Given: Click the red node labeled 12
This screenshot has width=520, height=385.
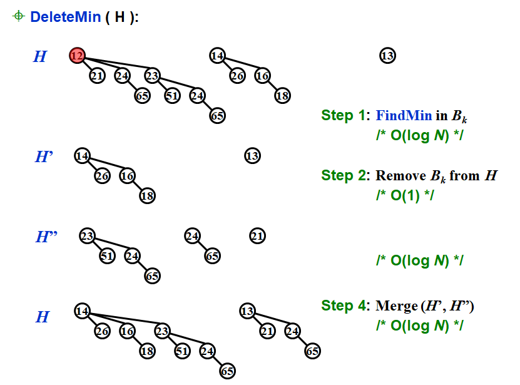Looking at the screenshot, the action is [x=77, y=56].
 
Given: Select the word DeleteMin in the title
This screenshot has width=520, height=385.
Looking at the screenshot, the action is [x=65, y=17].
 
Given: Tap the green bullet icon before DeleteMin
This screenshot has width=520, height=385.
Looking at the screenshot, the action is [x=18, y=16].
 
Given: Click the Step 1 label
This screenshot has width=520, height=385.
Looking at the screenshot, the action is [x=345, y=115].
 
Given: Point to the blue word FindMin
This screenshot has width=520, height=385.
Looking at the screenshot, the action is [x=404, y=115].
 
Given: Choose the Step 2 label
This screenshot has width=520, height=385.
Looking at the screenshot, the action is [x=345, y=175].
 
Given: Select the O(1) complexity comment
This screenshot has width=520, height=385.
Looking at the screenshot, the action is [x=404, y=195].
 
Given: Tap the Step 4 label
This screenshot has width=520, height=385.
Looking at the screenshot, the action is [x=345, y=305].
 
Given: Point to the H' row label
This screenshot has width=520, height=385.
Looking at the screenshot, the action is [x=43, y=157].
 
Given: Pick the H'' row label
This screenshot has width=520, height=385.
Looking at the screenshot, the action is [x=46, y=237].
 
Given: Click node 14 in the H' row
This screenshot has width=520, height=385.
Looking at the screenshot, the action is [x=82, y=156].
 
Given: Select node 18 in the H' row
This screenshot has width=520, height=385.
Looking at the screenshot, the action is [x=147, y=195].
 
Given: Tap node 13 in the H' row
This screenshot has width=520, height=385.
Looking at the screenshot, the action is [x=252, y=156].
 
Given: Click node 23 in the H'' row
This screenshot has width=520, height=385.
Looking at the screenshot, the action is [x=87, y=236].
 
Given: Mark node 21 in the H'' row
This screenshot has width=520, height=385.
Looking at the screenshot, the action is [x=257, y=236].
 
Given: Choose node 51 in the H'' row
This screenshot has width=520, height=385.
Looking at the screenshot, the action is [x=107, y=255].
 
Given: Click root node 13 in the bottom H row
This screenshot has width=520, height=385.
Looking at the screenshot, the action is [x=247, y=311].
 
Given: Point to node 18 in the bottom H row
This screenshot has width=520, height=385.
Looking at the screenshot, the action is [x=147, y=351].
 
